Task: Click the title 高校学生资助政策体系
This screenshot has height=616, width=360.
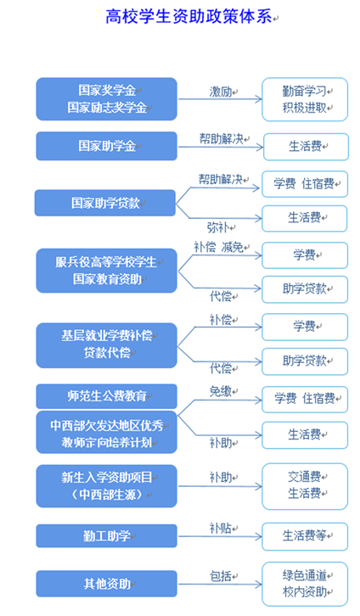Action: pyautogui.click(x=188, y=17)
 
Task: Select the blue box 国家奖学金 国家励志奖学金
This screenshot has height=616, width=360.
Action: pyautogui.click(x=106, y=99)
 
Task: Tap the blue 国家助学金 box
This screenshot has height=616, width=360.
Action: pyautogui.click(x=106, y=146)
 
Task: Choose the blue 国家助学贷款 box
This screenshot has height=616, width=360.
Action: pyautogui.click(x=105, y=203)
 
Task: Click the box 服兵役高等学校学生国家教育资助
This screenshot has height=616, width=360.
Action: pyautogui.click(x=106, y=271)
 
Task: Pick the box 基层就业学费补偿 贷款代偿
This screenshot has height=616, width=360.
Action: pyautogui.click(x=106, y=345)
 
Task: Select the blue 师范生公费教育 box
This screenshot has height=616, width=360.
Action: pyautogui.click(x=106, y=396)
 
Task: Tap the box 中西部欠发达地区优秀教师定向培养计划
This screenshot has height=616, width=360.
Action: pyautogui.click(x=106, y=432)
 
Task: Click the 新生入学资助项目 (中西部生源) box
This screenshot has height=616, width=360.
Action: pyautogui.click(x=106, y=486)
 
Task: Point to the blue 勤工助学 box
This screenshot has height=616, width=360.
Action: pyautogui.click(x=106, y=536)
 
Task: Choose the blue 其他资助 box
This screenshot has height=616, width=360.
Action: pyautogui.click(x=106, y=584)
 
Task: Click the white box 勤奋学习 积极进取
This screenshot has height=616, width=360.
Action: pyautogui.click(x=305, y=99)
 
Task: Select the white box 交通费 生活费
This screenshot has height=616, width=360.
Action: pyautogui.click(x=305, y=486)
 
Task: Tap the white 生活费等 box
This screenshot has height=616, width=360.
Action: pyautogui.click(x=305, y=536)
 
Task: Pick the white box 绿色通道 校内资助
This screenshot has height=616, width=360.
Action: pyautogui.click(x=305, y=584)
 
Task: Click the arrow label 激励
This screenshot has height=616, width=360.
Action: pyautogui.click(x=221, y=92)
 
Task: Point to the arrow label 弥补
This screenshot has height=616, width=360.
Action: pyautogui.click(x=218, y=227)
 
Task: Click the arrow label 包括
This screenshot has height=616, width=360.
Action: pyautogui.click(x=221, y=576)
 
